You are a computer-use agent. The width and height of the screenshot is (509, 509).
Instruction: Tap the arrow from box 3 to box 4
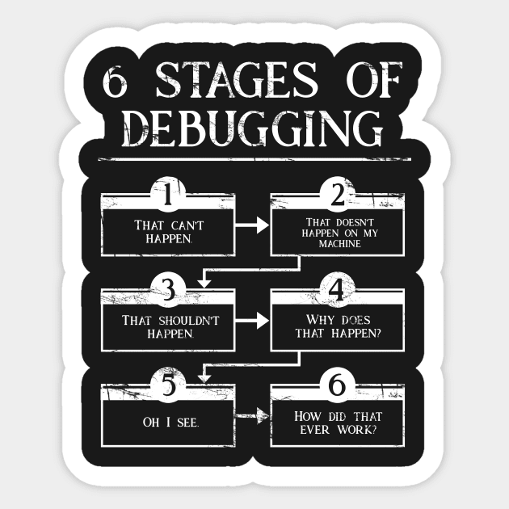pos(251,321)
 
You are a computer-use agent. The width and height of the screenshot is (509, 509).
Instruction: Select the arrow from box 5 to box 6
pos(251,417)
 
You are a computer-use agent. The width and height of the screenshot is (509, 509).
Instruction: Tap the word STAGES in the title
pos(246,80)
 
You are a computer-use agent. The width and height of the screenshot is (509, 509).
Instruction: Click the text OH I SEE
pos(167,421)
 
